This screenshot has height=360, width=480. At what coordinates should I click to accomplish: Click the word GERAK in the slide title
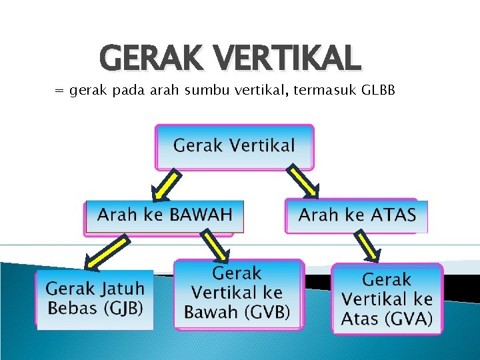(x=142, y=58)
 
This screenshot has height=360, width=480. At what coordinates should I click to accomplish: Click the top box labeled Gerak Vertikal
(x=234, y=146)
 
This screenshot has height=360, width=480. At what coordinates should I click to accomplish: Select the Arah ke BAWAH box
(x=165, y=216)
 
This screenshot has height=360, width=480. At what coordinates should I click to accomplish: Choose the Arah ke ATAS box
(x=357, y=216)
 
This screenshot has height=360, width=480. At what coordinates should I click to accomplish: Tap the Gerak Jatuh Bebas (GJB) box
(x=95, y=299)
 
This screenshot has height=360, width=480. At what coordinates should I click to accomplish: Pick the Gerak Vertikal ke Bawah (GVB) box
(x=237, y=294)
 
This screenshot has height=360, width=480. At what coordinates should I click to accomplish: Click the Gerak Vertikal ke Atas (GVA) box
(x=387, y=300)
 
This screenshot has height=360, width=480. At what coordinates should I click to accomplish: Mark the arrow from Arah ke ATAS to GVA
(x=367, y=247)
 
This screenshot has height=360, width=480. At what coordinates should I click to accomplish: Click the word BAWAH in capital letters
(x=201, y=215)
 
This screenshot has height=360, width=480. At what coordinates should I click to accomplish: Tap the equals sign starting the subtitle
(x=59, y=91)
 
